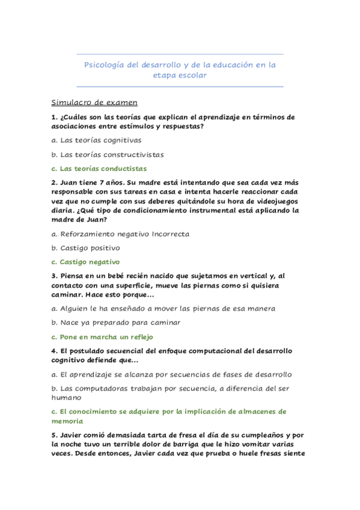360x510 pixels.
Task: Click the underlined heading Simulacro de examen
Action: pyautogui.click(x=94, y=102)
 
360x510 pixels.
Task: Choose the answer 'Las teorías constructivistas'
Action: pyautogui.click(x=108, y=155)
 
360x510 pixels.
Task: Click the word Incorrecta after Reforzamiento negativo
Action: pyautogui.click(x=171, y=233)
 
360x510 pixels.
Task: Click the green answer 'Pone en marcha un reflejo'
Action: pyautogui.click(x=106, y=337)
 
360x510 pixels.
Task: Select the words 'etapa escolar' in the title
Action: pyautogui.click(x=180, y=76)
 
